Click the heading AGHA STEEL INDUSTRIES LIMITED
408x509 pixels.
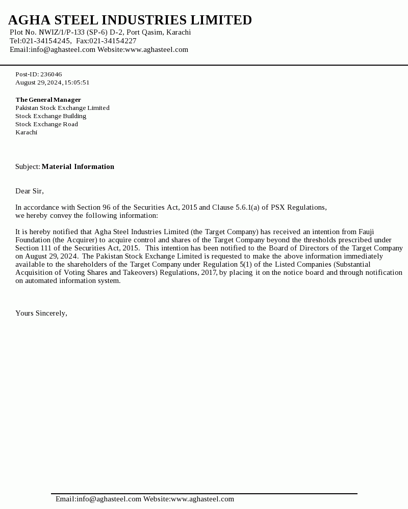point(130,20)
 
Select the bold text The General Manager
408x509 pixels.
point(48,100)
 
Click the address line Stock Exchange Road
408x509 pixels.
point(46,124)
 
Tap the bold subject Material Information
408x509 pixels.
point(78,166)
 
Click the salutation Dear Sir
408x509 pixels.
point(29,191)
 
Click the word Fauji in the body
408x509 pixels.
point(366,232)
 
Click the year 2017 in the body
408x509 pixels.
point(209,273)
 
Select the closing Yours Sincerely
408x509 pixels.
point(41,314)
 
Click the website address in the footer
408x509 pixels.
point(202,499)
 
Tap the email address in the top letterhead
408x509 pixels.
point(63,50)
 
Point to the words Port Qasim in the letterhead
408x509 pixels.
point(144,33)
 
